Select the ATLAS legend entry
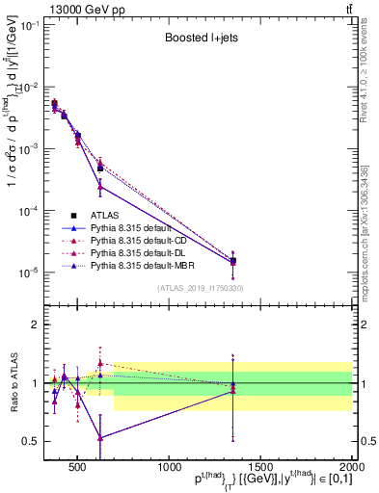pyautogui.click(x=103, y=215)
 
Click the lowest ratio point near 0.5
pyautogui.click(x=99, y=437)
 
